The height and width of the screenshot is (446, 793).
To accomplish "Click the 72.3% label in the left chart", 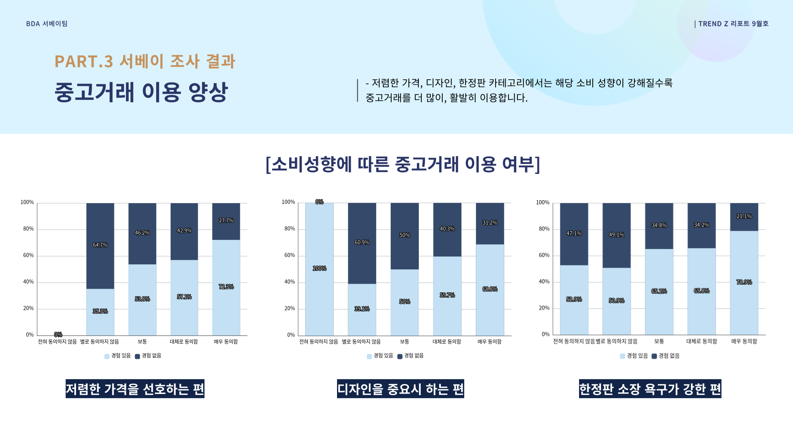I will pyautogui.click(x=226, y=287).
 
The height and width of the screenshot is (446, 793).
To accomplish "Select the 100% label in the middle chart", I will pyautogui.click(x=319, y=268).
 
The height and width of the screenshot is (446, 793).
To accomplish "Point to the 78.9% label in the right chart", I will pyautogui.click(x=744, y=282).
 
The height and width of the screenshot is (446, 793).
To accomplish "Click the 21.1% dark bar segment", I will pyautogui.click(x=744, y=216).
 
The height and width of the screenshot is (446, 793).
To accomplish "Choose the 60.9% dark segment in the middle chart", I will pyautogui.click(x=362, y=242).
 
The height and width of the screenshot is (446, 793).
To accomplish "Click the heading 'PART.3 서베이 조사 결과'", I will pyautogui.click(x=145, y=61).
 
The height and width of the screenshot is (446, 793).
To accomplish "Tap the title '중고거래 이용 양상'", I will pyautogui.click(x=141, y=92).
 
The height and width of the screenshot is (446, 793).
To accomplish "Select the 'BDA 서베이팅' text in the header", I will pyautogui.click(x=47, y=24).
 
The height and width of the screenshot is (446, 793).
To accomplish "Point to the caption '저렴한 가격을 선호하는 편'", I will pyautogui.click(x=135, y=389).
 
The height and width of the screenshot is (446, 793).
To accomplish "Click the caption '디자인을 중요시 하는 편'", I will pyautogui.click(x=400, y=389).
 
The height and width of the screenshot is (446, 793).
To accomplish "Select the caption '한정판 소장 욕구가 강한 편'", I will pyautogui.click(x=650, y=389).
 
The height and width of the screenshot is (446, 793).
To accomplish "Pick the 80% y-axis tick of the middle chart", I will pyautogui.click(x=290, y=229).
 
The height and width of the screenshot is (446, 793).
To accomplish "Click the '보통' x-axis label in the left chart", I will pyautogui.click(x=142, y=342).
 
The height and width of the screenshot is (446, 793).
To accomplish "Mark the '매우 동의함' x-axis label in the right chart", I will pyautogui.click(x=744, y=341).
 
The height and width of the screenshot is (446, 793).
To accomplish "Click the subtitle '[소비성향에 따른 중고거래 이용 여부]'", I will pyautogui.click(x=403, y=164).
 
